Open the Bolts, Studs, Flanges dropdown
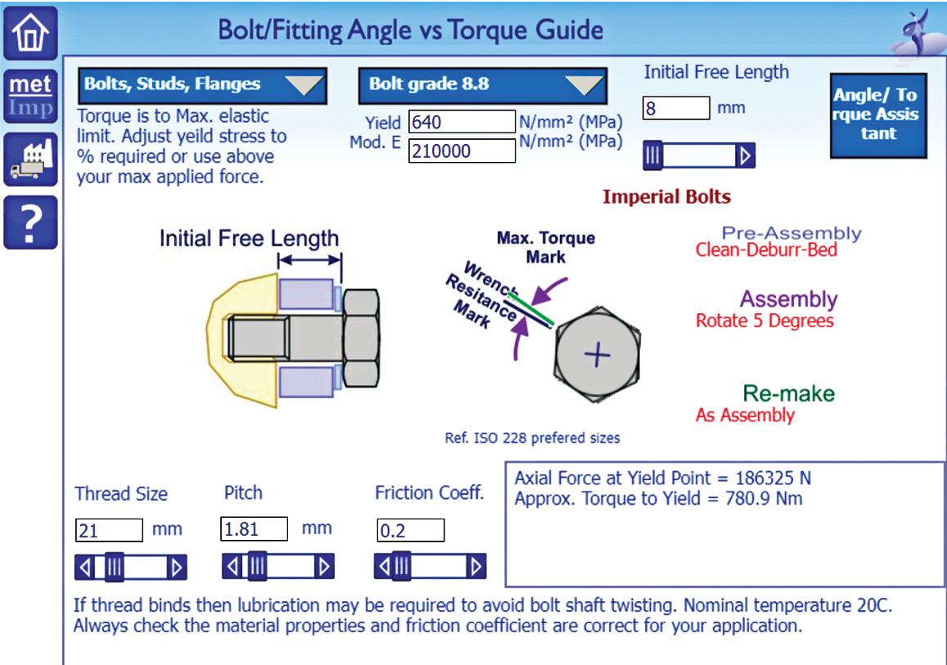202,83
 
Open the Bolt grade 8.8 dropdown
482,85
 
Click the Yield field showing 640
461,123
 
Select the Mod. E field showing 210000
461,150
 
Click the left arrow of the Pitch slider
232,564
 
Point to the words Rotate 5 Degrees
764,321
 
